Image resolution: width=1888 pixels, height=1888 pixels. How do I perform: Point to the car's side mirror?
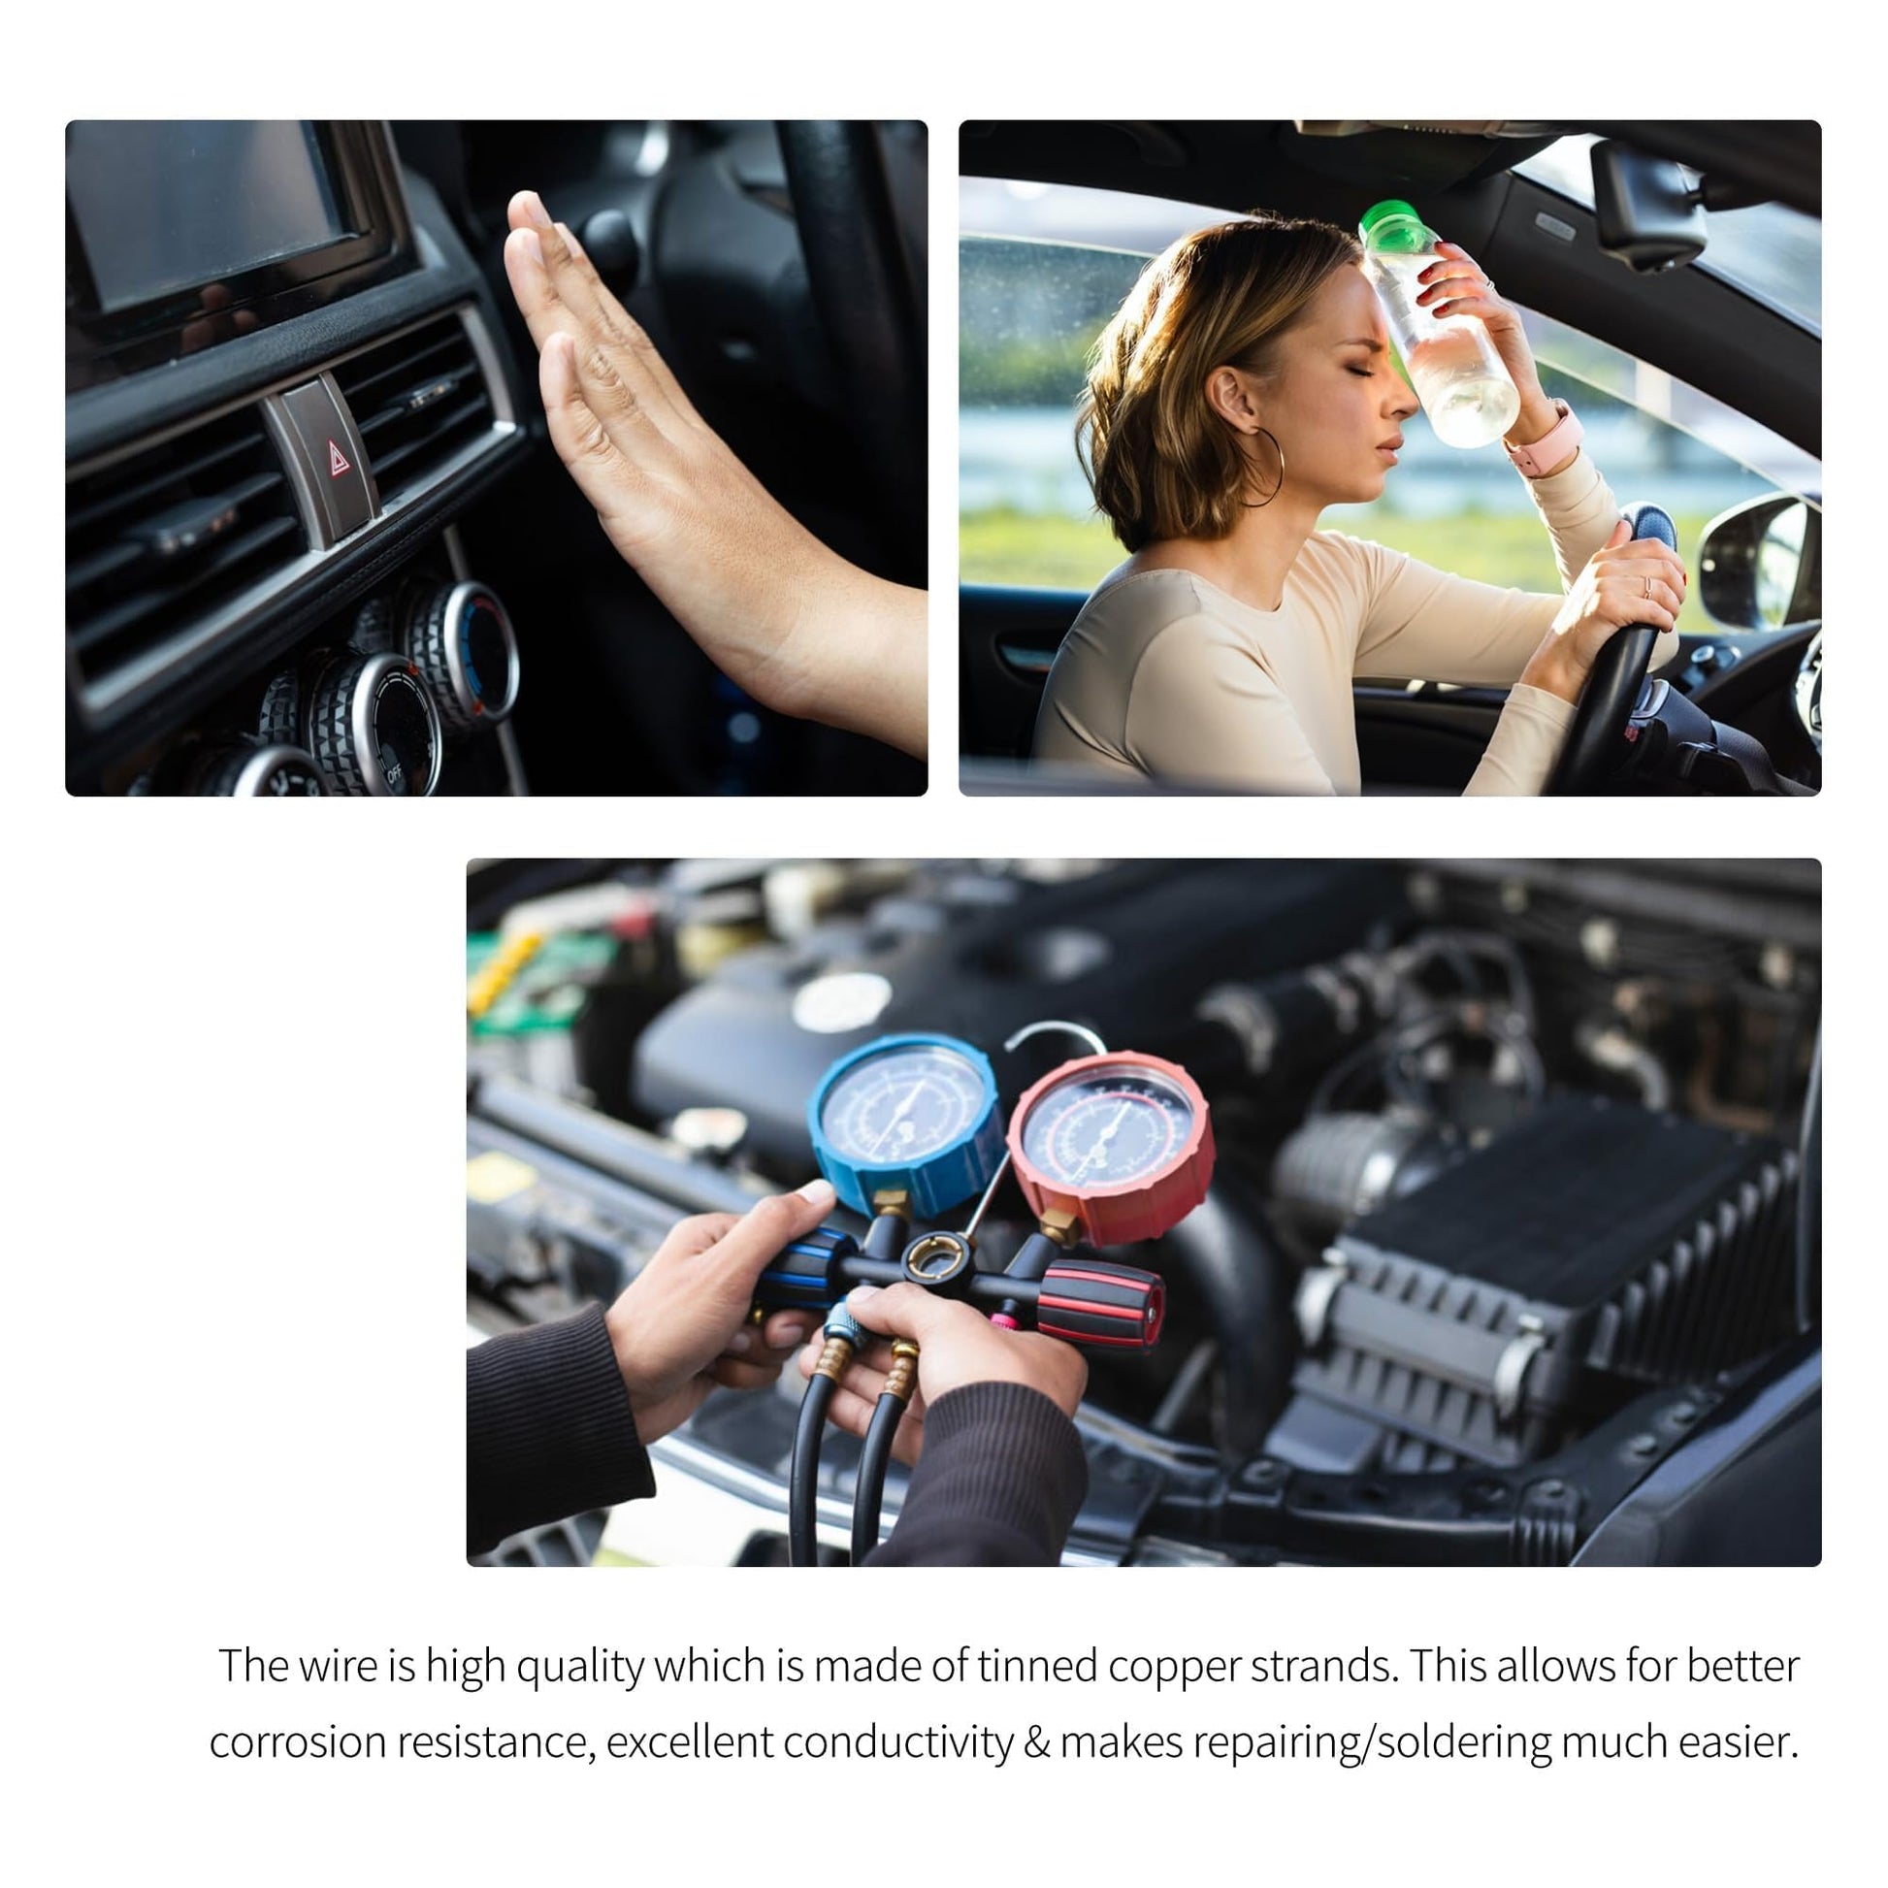(1759, 560)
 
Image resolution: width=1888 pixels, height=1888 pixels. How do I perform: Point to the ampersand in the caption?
(1037, 1743)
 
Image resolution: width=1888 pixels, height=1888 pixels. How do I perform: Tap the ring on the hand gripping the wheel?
(1647, 587)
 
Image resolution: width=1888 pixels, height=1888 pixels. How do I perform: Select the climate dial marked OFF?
(376, 723)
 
